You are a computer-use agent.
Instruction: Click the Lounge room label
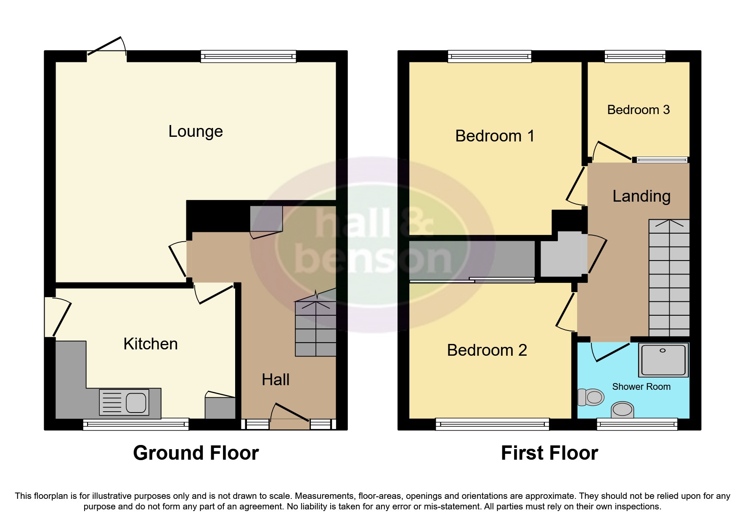point(196,131)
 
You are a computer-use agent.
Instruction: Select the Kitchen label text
point(150,344)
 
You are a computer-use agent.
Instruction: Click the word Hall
point(276,380)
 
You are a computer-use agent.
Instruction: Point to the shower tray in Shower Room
point(663,360)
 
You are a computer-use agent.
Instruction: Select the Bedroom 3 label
point(638,110)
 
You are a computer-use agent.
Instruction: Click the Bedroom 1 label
point(494,136)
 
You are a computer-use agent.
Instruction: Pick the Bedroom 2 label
point(487,350)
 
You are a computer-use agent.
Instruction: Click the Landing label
point(641,196)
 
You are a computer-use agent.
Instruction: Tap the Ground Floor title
point(196,453)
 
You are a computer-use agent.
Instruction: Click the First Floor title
point(549,453)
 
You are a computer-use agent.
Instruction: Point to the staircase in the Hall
point(315,328)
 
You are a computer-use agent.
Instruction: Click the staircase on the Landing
point(669,278)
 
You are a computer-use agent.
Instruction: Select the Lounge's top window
point(248,56)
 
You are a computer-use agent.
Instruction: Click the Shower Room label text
point(641,386)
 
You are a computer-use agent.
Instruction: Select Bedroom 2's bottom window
point(492,424)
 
